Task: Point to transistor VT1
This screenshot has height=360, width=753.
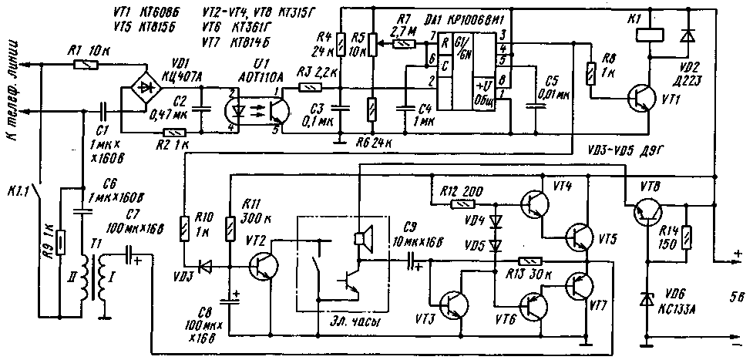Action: pyautogui.click(x=642, y=96)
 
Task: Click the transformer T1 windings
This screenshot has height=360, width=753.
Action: pyautogui.click(x=99, y=278)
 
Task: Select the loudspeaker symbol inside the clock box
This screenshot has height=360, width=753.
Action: pyautogui.click(x=360, y=239)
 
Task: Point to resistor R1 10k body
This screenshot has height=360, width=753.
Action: pyautogui.click(x=84, y=66)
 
